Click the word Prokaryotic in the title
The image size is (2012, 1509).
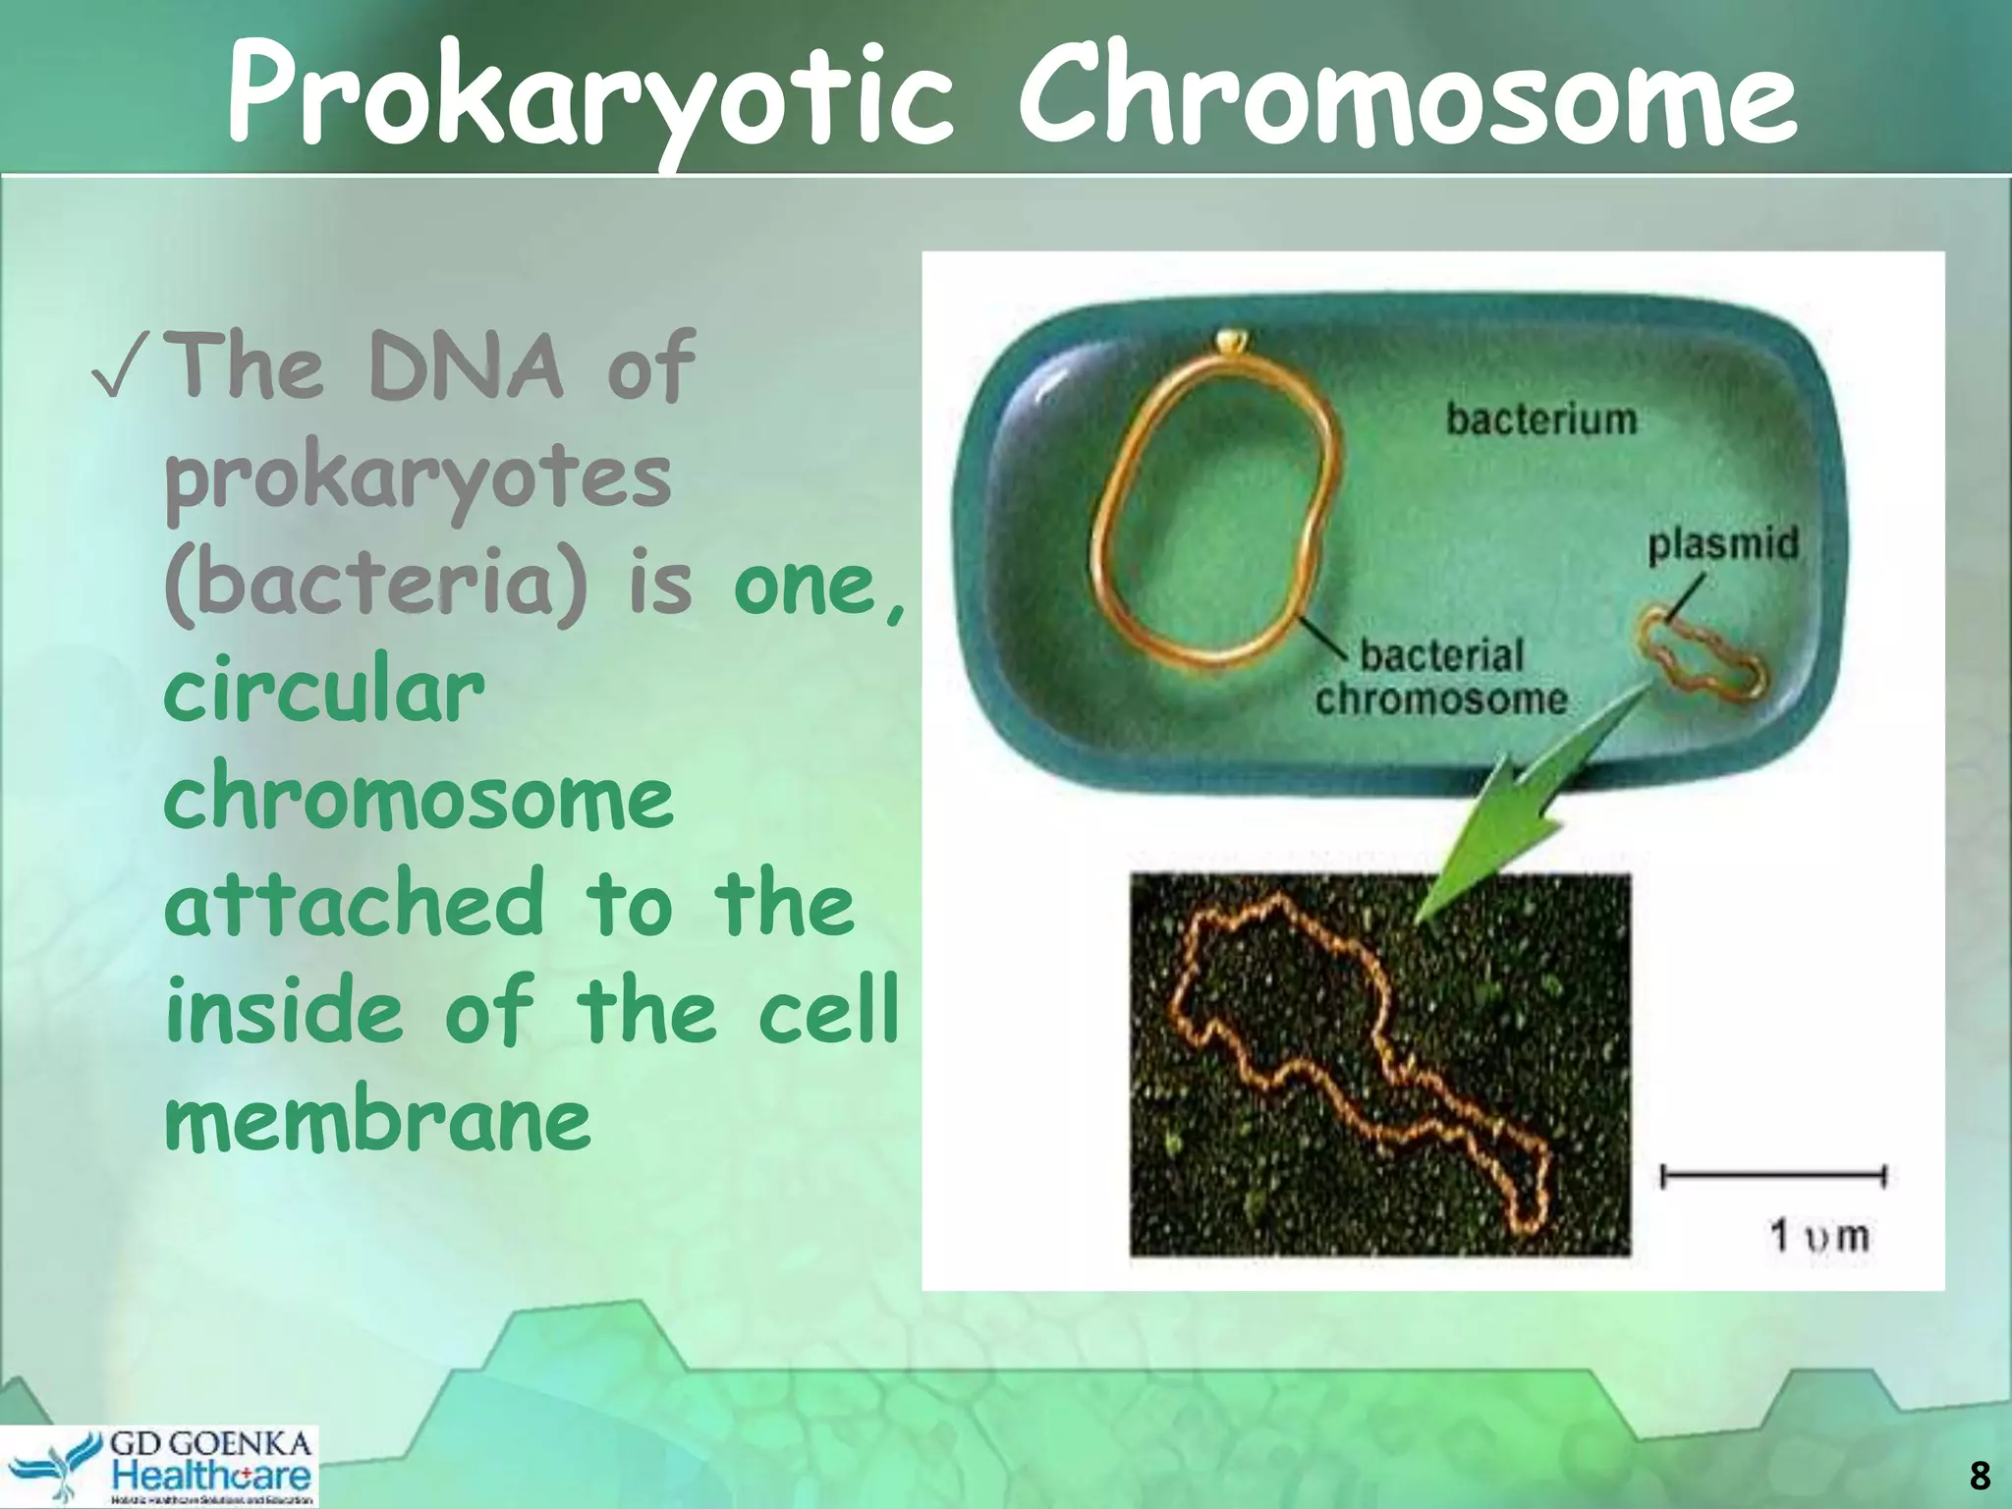[x=589, y=98]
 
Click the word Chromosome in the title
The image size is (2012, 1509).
[x=1407, y=98]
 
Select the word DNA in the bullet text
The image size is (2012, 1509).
[x=466, y=367]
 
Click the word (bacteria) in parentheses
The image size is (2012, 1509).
[x=377, y=586]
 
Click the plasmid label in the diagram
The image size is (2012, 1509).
[x=1723, y=543]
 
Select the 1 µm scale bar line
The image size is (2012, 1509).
[x=1772, y=1175]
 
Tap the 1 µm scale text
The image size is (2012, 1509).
[x=1818, y=1235]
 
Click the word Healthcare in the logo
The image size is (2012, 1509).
[x=211, y=1475]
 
